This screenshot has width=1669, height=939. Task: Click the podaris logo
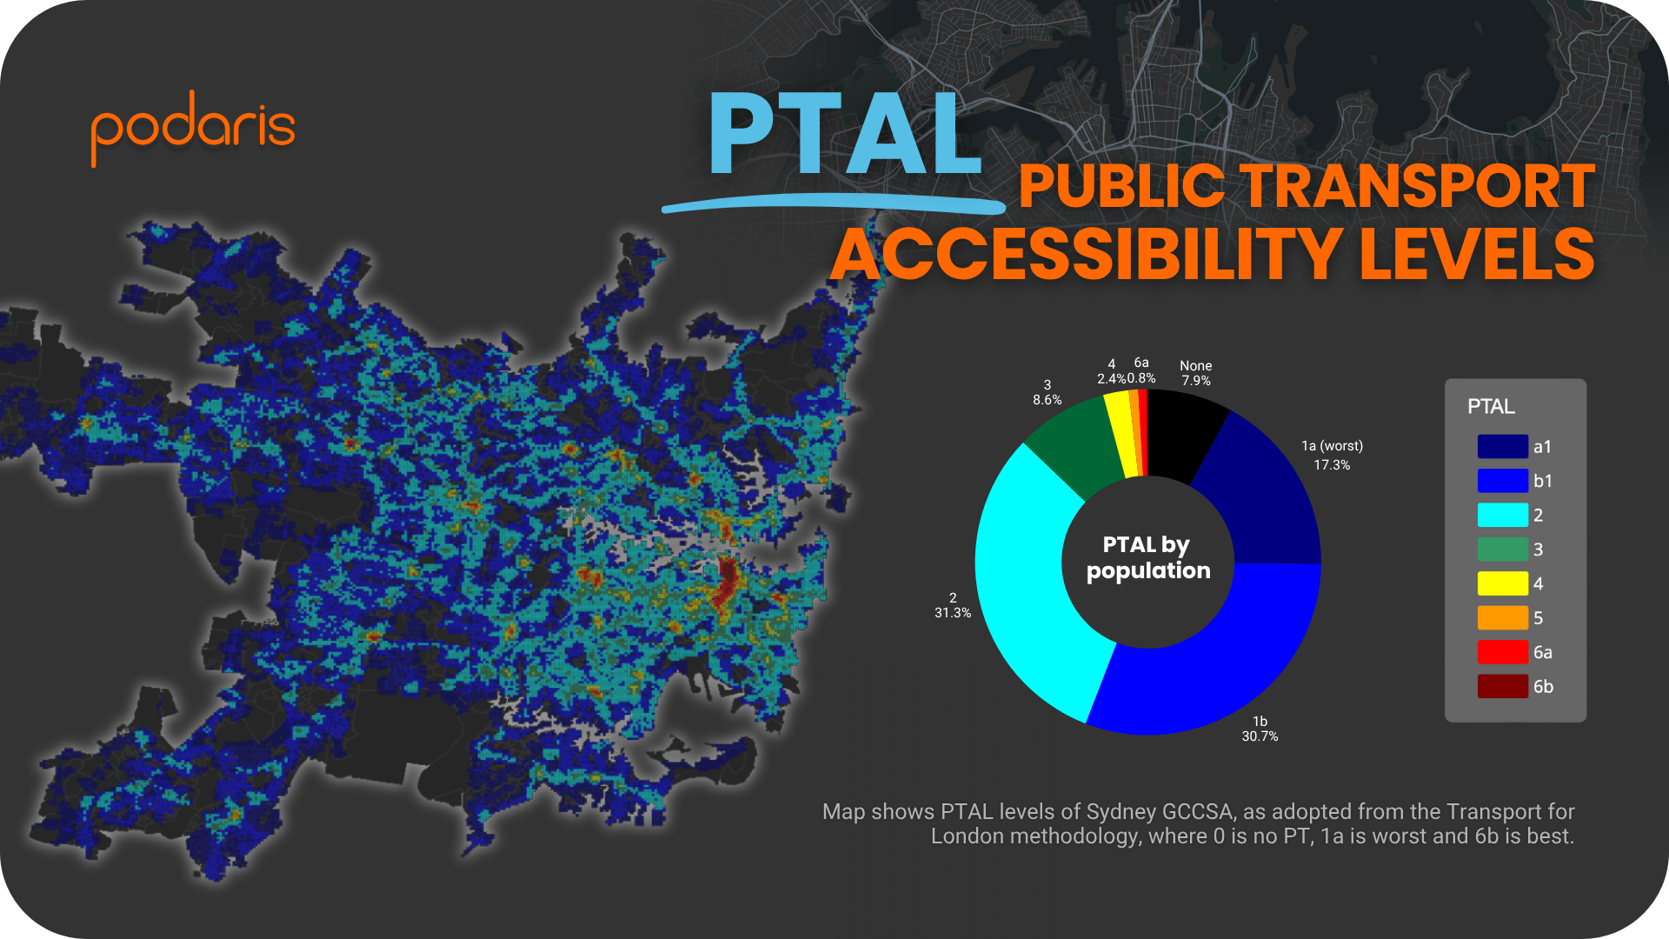tap(193, 127)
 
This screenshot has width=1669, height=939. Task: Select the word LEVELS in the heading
tap(1476, 254)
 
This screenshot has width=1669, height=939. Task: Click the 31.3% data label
tap(953, 613)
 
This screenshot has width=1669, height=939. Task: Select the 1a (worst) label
tap(1332, 446)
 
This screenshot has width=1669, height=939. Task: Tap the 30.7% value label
tap(1260, 736)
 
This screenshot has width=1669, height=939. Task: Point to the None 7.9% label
tap(1195, 373)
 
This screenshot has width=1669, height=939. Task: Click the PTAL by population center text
tap(1147, 557)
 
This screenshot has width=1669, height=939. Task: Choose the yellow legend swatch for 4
tap(1502, 583)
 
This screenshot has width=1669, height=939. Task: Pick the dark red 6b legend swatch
tap(1502, 686)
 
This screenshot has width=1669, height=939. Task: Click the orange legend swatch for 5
tap(1502, 617)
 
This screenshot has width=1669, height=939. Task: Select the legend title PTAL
tap(1491, 406)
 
